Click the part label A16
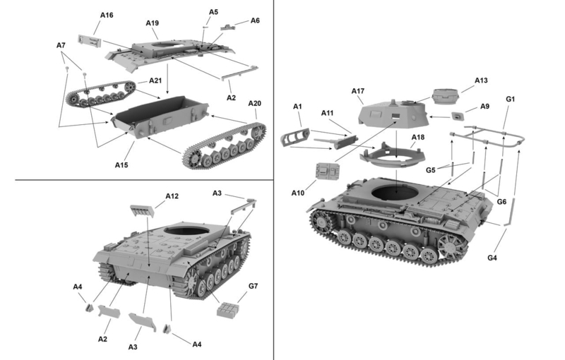[x=107, y=14]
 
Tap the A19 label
[x=153, y=23]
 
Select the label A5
[x=213, y=12]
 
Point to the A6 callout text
[x=254, y=20]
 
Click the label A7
[x=61, y=45]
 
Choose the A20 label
[x=254, y=104]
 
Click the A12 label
[x=172, y=196]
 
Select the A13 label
[x=481, y=80]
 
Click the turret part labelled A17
[x=390, y=113]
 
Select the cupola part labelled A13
[x=444, y=94]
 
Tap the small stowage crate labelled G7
[x=230, y=308]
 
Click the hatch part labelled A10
[x=326, y=171]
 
